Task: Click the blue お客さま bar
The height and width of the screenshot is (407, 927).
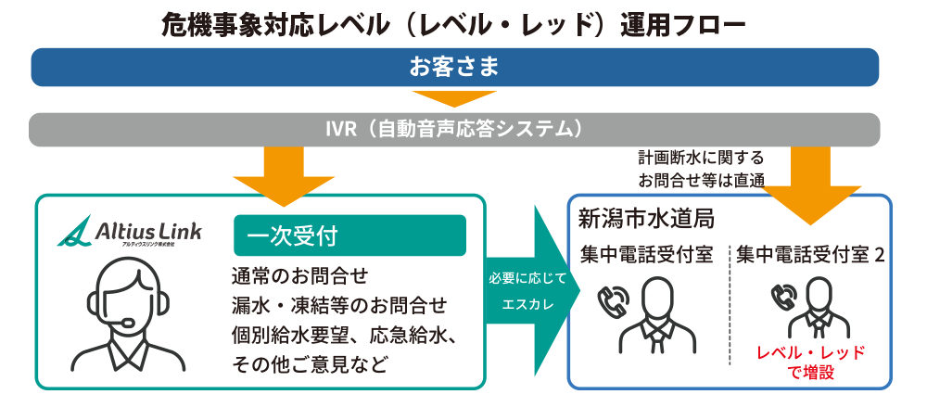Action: (454, 67)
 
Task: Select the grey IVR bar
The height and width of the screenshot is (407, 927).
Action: (454, 129)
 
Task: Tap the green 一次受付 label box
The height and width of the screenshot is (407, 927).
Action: (350, 235)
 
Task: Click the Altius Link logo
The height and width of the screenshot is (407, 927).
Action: (130, 231)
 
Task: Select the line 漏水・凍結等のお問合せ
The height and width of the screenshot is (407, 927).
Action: (339, 306)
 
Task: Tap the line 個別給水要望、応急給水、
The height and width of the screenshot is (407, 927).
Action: (344, 336)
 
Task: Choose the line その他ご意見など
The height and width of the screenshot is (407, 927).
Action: (311, 364)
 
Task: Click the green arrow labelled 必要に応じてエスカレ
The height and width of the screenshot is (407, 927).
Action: (532, 292)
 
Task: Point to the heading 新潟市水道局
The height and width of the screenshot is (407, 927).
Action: (646, 220)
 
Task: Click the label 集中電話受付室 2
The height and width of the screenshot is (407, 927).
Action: (810, 256)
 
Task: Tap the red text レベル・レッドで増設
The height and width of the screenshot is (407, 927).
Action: (811, 362)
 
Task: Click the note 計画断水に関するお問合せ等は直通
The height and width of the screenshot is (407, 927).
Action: (701, 169)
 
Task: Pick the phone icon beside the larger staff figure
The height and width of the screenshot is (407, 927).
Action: (610, 300)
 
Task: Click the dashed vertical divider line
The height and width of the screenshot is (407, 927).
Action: (730, 304)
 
